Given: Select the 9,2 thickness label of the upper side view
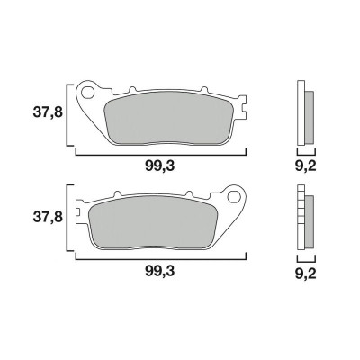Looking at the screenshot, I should tap(307, 165).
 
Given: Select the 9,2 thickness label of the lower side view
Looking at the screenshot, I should tap(307, 269).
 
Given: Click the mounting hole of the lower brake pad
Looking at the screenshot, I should tap(238, 195).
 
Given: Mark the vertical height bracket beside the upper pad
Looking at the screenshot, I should tap(67, 113).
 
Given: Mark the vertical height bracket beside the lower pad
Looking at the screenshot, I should tap(67, 217).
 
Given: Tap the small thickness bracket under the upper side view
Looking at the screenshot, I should tap(305, 152).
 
